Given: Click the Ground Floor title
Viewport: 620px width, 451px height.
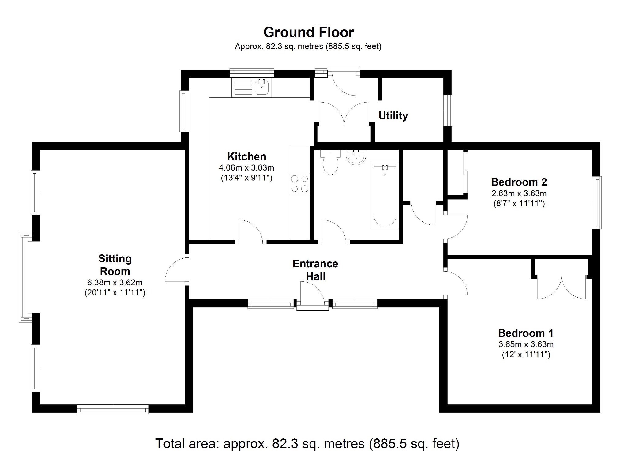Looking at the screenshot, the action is pyautogui.click(x=309, y=32).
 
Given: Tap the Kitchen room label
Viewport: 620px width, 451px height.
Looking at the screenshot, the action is pyautogui.click(x=246, y=156).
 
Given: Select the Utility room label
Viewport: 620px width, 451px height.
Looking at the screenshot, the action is pyautogui.click(x=393, y=116).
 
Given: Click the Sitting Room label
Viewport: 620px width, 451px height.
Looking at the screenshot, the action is pyautogui.click(x=115, y=265).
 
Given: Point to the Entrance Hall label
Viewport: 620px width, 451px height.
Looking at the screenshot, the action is pyautogui.click(x=315, y=270).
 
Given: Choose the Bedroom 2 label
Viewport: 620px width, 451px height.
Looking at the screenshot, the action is pyautogui.click(x=519, y=182).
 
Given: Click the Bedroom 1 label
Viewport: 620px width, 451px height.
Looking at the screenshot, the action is pyautogui.click(x=526, y=333).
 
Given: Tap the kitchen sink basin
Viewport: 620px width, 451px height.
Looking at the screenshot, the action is pyautogui.click(x=262, y=87).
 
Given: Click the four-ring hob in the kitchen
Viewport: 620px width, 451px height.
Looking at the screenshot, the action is pyautogui.click(x=300, y=184).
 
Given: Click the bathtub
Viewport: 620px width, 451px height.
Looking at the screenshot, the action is pyautogui.click(x=385, y=196).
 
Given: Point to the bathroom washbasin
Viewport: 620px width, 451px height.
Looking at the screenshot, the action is pyautogui.click(x=355, y=157).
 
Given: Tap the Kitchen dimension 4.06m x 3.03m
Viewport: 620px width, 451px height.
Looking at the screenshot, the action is pyautogui.click(x=246, y=168).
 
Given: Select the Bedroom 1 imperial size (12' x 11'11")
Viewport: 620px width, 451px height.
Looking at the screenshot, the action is pyautogui.click(x=526, y=355).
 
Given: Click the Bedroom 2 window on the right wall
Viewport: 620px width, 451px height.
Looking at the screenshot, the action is pyautogui.click(x=597, y=202).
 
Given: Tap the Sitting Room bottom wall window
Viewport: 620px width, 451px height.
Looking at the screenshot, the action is pyautogui.click(x=113, y=409).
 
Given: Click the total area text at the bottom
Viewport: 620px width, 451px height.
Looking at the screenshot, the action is pyautogui.click(x=307, y=443).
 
